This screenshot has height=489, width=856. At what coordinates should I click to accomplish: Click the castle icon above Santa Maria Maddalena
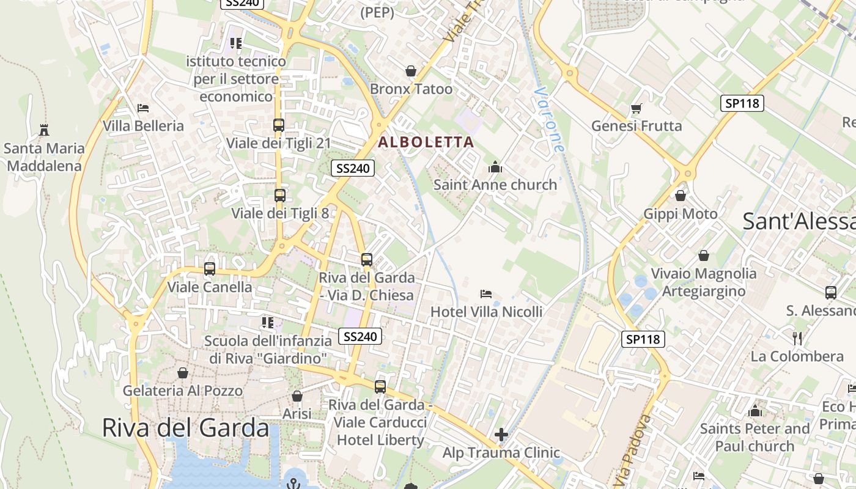43,130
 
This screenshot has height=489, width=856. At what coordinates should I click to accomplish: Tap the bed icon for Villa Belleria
143,108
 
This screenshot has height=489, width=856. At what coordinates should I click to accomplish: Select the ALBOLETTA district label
426,142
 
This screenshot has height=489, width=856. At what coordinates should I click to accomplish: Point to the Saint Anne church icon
495,167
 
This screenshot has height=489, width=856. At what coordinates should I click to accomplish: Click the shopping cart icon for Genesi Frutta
636,109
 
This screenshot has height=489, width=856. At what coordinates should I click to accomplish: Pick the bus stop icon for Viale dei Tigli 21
278,125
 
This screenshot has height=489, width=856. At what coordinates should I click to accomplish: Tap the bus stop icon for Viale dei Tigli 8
279,196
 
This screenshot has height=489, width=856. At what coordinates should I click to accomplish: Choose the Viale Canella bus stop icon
209,269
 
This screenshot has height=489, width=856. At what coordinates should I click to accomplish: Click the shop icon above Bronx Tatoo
411,72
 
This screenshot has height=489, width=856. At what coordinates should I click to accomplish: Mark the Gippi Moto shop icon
680,196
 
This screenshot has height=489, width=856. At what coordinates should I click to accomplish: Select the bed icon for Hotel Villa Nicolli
486,294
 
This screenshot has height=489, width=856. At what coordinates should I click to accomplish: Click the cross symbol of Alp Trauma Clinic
501,435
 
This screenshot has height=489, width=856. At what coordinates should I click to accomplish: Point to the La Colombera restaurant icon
797,338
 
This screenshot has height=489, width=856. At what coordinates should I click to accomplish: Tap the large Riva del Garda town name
185,427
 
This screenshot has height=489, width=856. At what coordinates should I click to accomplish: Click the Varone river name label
548,119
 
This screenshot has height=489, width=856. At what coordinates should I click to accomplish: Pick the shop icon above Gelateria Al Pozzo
182,373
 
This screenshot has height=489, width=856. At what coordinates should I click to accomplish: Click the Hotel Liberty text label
380,439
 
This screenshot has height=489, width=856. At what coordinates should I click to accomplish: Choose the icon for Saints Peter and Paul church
755,411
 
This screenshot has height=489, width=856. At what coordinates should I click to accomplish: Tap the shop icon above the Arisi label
297,397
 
